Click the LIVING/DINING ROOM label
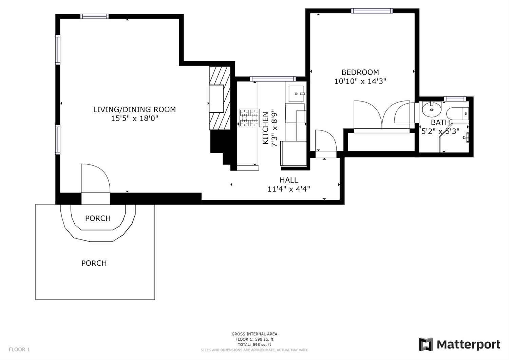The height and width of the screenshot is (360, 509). [134, 109]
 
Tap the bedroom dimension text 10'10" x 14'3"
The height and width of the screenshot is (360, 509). [360, 82]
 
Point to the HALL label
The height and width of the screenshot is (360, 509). [289, 180]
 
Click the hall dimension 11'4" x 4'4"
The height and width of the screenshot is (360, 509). [289, 189]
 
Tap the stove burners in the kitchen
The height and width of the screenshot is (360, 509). [249, 118]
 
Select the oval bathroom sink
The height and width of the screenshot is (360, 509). [431, 110]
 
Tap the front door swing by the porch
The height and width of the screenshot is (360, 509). [95, 178]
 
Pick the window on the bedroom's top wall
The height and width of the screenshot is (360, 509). [372, 11]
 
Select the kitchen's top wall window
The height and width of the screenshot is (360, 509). [273, 79]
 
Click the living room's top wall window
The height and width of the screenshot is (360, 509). [94, 16]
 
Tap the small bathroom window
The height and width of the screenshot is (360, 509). [455, 99]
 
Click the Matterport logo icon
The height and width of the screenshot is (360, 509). [426, 344]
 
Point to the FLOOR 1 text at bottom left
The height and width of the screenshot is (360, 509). [19, 349]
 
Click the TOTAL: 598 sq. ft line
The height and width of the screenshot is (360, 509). [254, 344]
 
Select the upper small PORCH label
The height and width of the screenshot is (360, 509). [98, 218]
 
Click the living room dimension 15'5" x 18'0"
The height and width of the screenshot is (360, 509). [134, 119]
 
